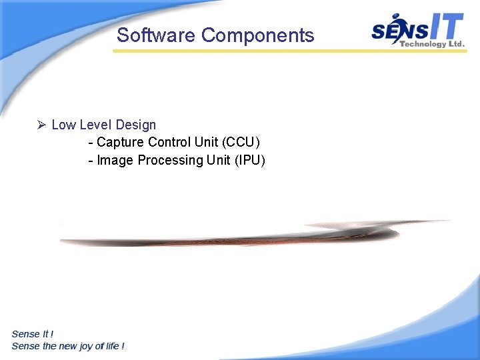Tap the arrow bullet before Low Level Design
pyautogui.click(x=41, y=125)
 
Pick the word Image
pyautogui.click(x=115, y=160)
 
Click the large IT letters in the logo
pyautogui.click(x=444, y=27)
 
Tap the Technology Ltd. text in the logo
pyautogui.click(x=431, y=44)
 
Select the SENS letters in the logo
pyautogui.click(x=397, y=31)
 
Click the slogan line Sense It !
pyautogui.click(x=33, y=334)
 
